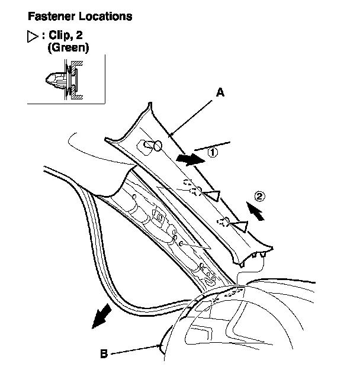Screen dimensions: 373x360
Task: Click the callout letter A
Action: click(x=220, y=92)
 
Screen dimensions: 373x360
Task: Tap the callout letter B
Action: click(x=104, y=354)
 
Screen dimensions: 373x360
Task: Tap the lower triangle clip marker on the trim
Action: click(x=240, y=224)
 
